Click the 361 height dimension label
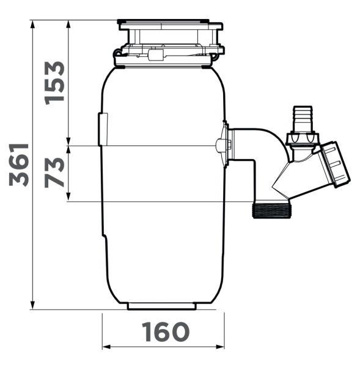[x=19, y=165]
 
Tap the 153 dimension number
[x=54, y=83]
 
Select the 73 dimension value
[x=54, y=172]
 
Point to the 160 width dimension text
[x=166, y=332]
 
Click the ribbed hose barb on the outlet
[x=303, y=119]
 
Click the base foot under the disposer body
[x=161, y=306]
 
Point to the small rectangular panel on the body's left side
[x=103, y=129]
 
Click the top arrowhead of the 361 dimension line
[x=32, y=24]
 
